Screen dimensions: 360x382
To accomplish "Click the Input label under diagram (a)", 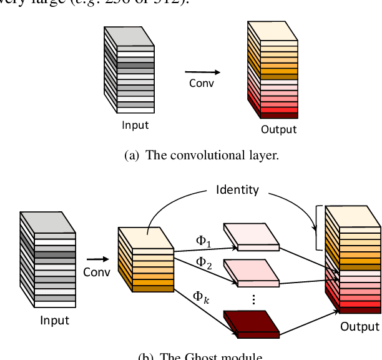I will [x=135, y=125].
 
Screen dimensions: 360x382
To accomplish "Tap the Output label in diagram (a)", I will [x=278, y=130].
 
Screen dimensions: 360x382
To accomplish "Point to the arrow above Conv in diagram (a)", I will [x=199, y=71].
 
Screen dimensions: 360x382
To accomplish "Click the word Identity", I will [x=237, y=189].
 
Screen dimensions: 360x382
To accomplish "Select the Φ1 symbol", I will [x=203, y=241].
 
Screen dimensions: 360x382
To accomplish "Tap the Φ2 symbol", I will [x=204, y=263].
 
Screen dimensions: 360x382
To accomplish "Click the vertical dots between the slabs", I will [x=253, y=299].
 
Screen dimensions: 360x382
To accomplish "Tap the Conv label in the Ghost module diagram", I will [x=96, y=272].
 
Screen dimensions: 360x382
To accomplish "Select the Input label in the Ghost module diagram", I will [x=54, y=321].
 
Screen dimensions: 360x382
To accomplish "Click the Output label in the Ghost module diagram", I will [x=359, y=326].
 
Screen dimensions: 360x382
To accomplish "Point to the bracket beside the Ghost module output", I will [x=318, y=228].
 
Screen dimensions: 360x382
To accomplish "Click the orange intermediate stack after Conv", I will [x=145, y=259].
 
